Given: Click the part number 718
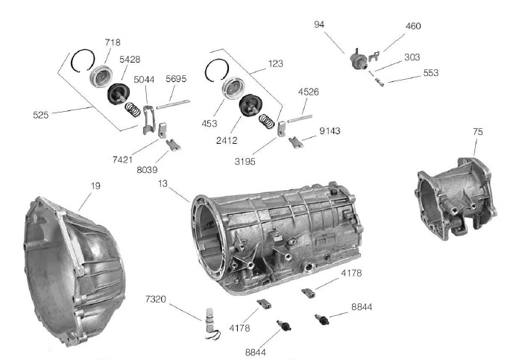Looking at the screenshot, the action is pyautogui.click(x=113, y=42).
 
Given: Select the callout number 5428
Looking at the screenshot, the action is pyautogui.click(x=130, y=60).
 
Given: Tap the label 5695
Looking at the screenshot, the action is pyautogui.click(x=176, y=79).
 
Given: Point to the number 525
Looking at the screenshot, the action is pyautogui.click(x=41, y=115).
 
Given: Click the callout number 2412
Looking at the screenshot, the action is pyautogui.click(x=227, y=140).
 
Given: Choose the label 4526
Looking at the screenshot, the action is pyautogui.click(x=309, y=92).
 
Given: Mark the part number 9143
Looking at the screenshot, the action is pyautogui.click(x=330, y=130).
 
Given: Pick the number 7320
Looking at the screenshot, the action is pyautogui.click(x=156, y=299).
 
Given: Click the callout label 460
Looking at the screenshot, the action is pyautogui.click(x=413, y=26).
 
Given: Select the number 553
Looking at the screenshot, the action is pyautogui.click(x=431, y=73).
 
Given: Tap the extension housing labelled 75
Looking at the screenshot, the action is pyautogui.click(x=457, y=198).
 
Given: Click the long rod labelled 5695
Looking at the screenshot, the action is pyautogui.click(x=173, y=104).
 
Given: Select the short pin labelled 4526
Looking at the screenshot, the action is pyautogui.click(x=300, y=119).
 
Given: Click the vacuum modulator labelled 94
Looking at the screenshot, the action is pyautogui.click(x=359, y=59).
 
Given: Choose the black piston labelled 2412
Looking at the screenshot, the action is pyautogui.click(x=251, y=104).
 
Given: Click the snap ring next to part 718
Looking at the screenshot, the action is pyautogui.click(x=83, y=60).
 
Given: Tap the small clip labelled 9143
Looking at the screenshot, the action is pyautogui.click(x=296, y=142).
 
